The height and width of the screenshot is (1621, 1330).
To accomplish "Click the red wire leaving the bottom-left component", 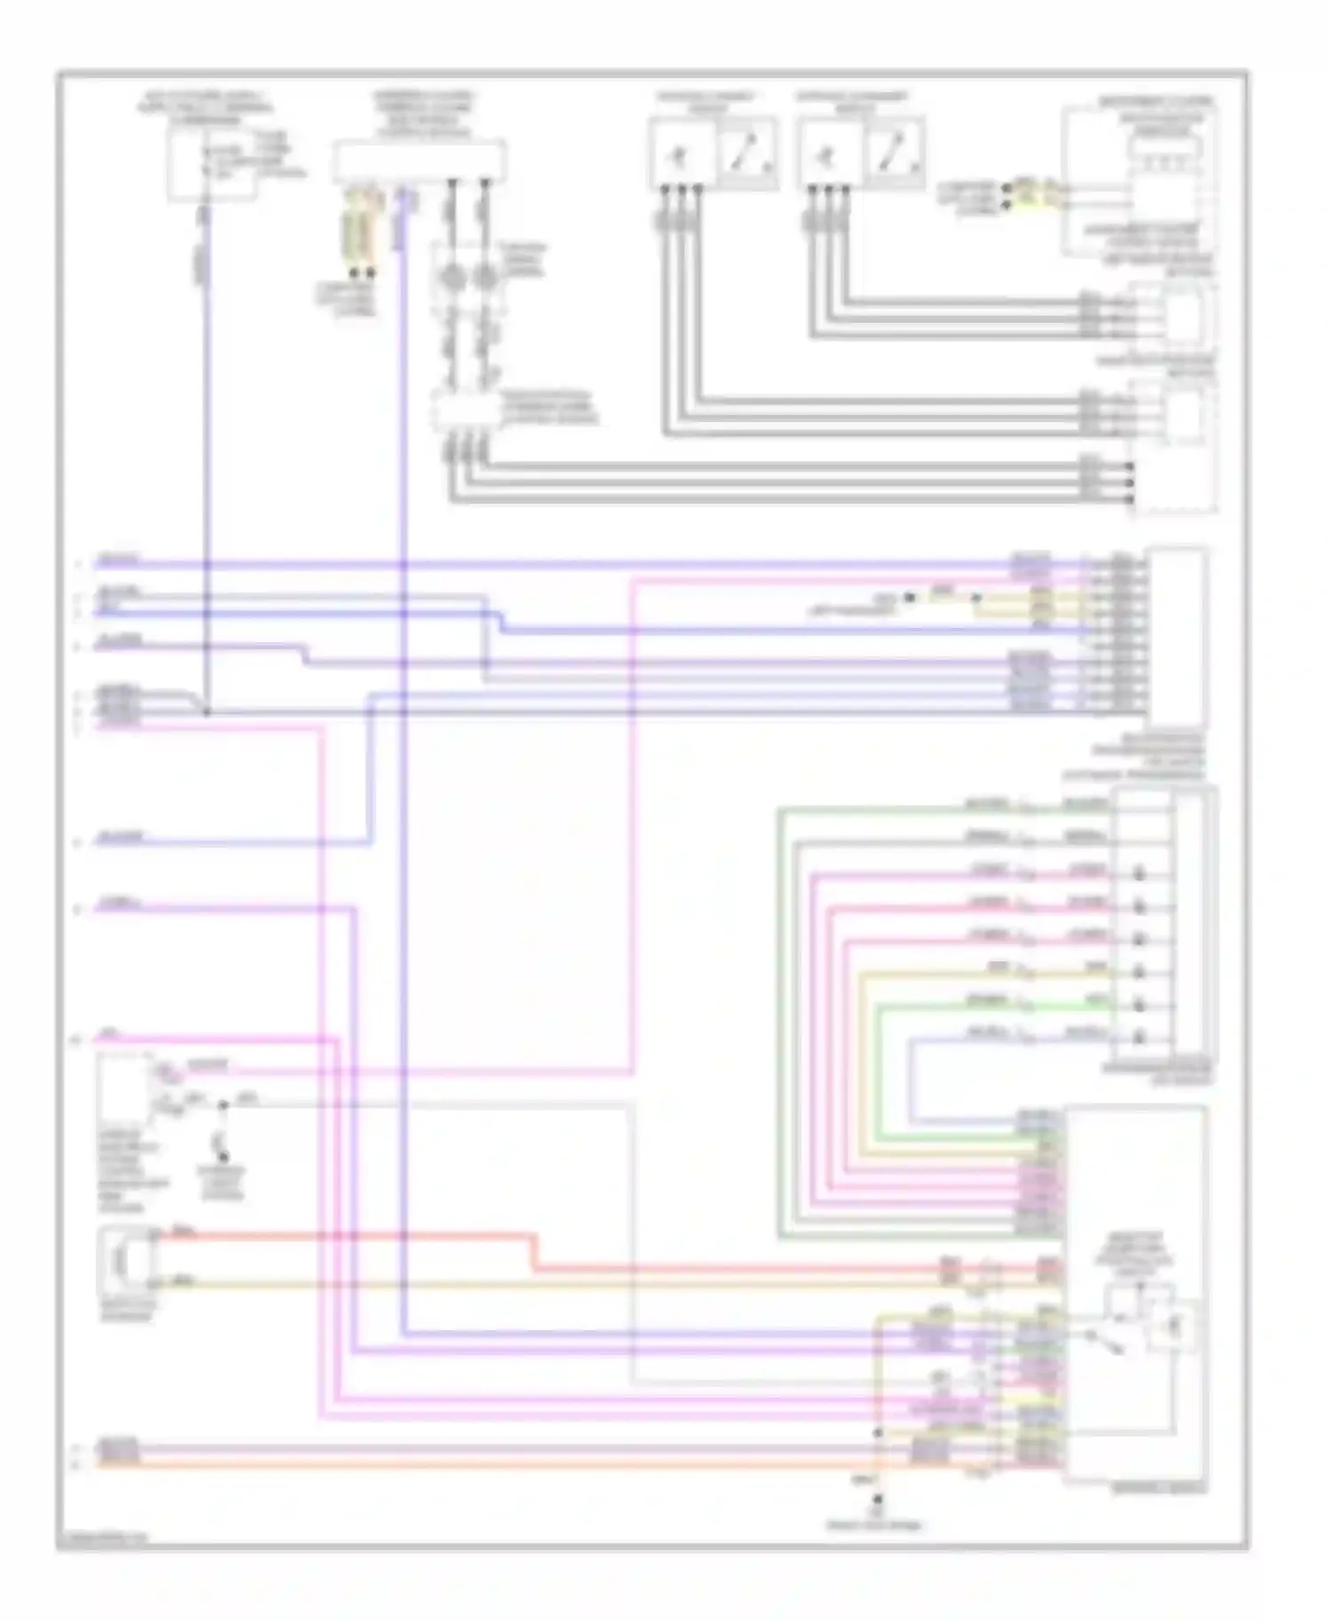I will coord(355,1234).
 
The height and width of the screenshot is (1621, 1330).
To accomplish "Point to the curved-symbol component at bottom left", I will coord(127,1260).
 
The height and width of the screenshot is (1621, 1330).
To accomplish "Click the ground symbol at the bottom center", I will coord(878,1500).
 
